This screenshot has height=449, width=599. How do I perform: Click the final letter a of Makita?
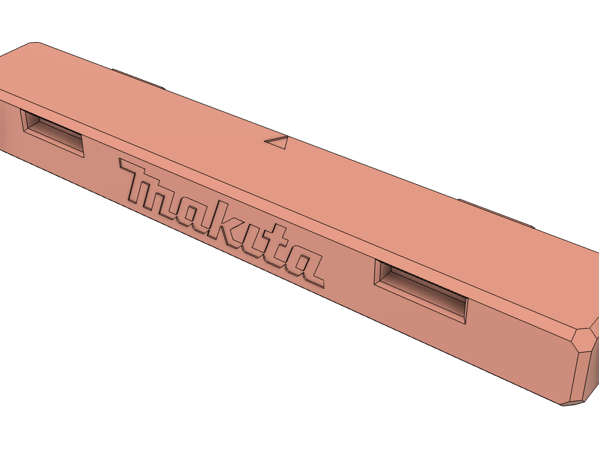302,268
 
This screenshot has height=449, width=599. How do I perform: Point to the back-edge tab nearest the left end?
138,79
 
